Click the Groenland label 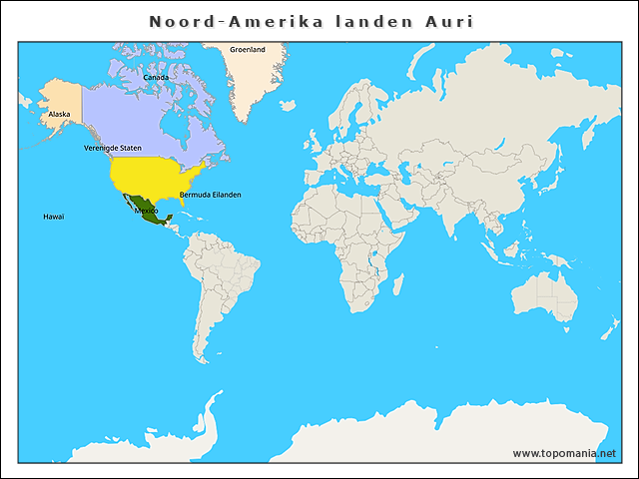click(x=248, y=49)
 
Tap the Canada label click(x=156, y=77)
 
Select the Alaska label click(x=60, y=115)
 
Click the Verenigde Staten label click(x=112, y=148)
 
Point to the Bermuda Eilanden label click(x=210, y=195)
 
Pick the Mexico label click(x=146, y=211)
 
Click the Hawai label click(x=53, y=217)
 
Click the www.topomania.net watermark click(x=564, y=453)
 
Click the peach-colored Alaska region click(x=60, y=100)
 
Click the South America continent click(x=225, y=279)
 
